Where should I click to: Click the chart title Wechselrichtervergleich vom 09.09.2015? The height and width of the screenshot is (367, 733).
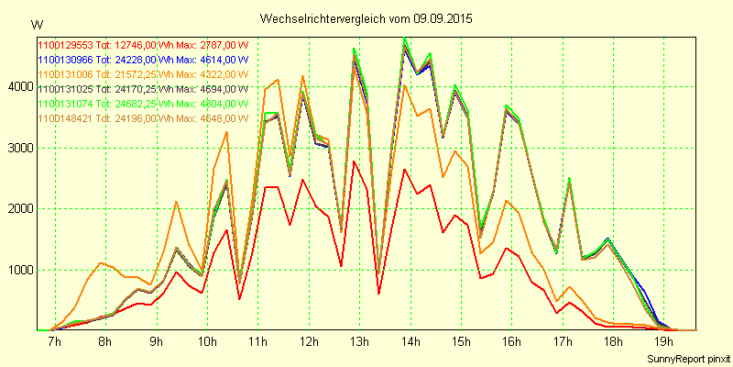point(366,18)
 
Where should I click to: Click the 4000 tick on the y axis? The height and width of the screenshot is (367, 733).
point(19,86)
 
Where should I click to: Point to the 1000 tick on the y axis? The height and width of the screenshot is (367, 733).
point(19,270)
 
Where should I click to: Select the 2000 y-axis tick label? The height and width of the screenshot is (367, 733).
point(19,208)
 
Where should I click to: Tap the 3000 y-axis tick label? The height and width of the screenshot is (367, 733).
point(19,148)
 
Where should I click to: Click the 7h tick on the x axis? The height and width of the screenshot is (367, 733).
point(54,342)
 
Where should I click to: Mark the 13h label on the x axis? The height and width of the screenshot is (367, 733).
point(359,342)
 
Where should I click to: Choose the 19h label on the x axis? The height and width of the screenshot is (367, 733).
point(664,342)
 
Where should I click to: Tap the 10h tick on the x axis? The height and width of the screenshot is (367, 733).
point(207,342)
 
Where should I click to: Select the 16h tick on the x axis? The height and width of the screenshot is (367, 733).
point(512,342)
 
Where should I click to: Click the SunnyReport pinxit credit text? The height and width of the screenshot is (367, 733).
point(685,357)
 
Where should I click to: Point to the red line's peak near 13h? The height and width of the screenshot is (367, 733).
point(354,161)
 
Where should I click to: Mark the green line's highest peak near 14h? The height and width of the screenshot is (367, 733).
point(404,38)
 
